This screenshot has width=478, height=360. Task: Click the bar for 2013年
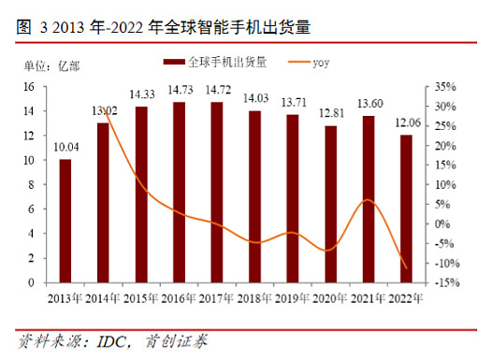point(65,221)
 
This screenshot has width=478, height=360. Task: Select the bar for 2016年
point(179,192)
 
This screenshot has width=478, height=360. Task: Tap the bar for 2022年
point(406,209)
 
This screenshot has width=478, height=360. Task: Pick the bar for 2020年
point(330,204)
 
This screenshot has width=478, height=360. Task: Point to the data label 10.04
point(65,148)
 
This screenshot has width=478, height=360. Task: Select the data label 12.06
point(406,123)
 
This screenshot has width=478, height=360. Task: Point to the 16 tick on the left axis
point(29,86)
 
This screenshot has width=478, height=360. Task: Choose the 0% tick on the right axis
point(436,223)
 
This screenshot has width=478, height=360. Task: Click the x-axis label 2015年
point(140,298)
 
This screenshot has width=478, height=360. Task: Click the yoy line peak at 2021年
point(368,200)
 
